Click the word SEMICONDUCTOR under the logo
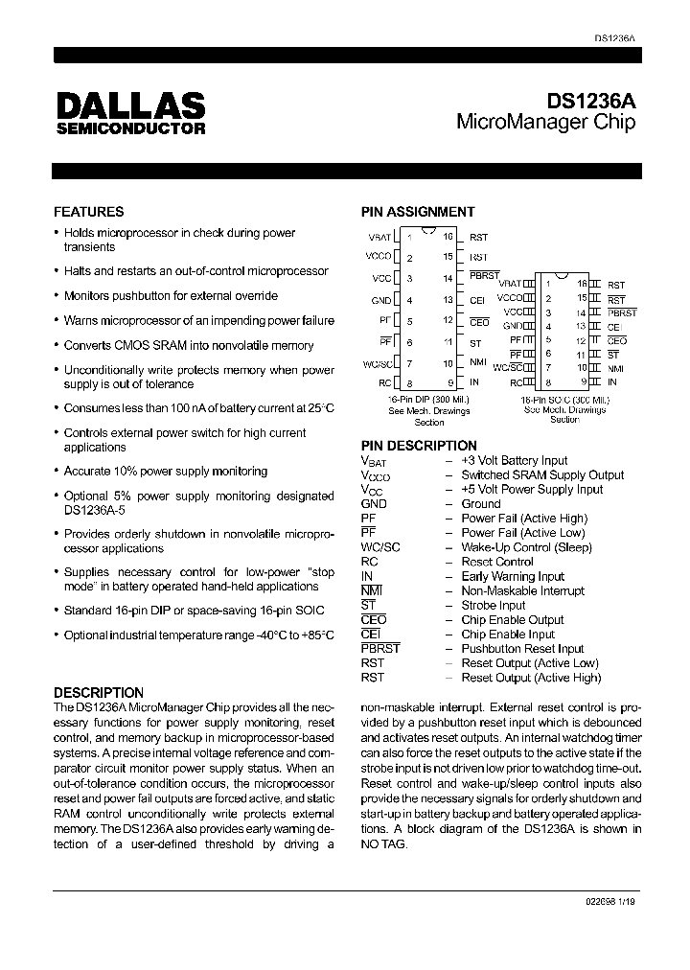point(129,127)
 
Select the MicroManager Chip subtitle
point(545,123)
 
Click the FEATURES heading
point(88,212)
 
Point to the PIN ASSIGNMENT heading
point(417,212)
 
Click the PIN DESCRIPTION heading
point(418,446)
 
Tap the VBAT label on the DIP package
point(379,237)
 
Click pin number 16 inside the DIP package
point(448,236)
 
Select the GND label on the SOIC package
point(512,326)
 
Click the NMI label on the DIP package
point(477,362)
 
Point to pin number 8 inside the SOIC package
point(547,381)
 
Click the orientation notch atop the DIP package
point(428,230)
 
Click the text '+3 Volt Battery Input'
point(514,461)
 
